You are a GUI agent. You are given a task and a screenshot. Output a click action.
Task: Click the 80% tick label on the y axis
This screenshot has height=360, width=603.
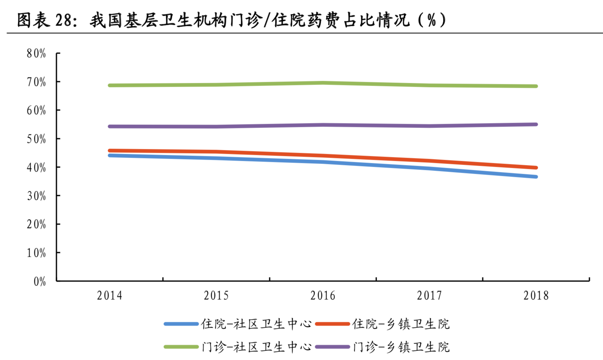[36, 53]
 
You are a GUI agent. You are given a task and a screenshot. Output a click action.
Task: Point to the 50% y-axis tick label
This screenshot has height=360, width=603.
[36, 139]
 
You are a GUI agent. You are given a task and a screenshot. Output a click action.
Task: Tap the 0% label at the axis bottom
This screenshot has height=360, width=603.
[39, 282]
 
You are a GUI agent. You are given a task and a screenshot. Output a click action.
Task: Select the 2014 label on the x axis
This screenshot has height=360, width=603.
[110, 296]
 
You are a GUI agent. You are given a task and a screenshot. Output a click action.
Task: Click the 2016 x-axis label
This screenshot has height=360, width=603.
[323, 296]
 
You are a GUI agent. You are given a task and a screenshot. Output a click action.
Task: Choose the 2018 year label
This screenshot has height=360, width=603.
[536, 296]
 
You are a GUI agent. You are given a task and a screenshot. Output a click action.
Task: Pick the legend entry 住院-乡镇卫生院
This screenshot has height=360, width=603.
[401, 324]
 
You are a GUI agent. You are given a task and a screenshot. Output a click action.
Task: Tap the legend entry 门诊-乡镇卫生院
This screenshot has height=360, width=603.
[401, 347]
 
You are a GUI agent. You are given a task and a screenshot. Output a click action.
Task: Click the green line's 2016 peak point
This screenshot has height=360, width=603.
[323, 83]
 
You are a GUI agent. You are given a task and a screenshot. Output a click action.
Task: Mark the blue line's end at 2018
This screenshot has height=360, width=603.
[536, 177]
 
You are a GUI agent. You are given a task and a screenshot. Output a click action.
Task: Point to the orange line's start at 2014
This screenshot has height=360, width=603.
[110, 151]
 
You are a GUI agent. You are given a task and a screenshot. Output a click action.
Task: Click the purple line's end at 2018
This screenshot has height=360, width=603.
[536, 124]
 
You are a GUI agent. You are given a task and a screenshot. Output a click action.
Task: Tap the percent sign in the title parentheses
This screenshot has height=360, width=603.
[432, 20]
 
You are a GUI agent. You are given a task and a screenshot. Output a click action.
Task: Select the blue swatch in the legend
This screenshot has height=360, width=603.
[181, 324]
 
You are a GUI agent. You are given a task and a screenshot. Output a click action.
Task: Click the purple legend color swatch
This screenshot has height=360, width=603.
[332, 347]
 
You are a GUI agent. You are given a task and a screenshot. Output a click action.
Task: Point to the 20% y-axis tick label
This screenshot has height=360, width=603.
[36, 224]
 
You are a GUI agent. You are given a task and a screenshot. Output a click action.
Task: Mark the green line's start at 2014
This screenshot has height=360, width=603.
[110, 85]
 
